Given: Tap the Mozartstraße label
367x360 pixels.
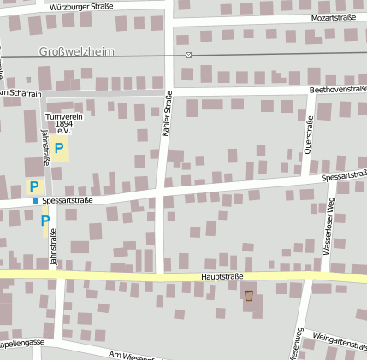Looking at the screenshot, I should [x=334, y=17].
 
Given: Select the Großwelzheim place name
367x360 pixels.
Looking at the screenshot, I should [x=75, y=51].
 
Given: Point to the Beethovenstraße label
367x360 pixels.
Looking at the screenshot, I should [x=338, y=89].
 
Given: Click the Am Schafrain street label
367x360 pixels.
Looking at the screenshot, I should [x=19, y=93].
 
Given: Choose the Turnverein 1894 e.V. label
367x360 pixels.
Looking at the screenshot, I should [x=62, y=123].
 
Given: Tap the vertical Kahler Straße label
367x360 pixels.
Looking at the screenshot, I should [x=167, y=114].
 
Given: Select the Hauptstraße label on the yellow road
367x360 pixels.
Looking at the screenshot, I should [x=222, y=276].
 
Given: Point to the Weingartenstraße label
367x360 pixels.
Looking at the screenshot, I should [x=340, y=342].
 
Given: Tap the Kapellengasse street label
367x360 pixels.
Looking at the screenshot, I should [x=21, y=344].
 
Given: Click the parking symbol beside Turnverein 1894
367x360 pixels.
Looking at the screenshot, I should [x=59, y=149].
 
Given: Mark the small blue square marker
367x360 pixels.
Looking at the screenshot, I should [x=36, y=201].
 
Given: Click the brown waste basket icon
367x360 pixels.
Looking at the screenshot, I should [x=249, y=296].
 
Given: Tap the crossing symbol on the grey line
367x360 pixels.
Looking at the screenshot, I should [x=188, y=55].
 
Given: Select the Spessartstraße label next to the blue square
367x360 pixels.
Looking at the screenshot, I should [x=68, y=200].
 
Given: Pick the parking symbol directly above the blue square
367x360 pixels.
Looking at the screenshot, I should [x=34, y=186].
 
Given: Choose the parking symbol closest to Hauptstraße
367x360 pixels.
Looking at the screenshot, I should [x=45, y=221].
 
